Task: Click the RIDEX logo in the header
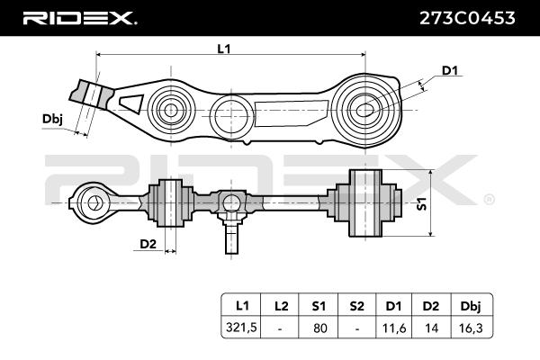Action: (x=80, y=18)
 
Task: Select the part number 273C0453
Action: (x=467, y=18)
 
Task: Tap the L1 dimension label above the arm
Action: (x=224, y=49)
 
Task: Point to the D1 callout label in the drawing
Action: (x=450, y=70)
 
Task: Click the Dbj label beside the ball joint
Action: (x=52, y=119)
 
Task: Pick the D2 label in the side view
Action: (x=148, y=244)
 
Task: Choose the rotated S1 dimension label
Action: (x=422, y=203)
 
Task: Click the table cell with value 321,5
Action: (x=241, y=328)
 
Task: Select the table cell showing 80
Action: (x=320, y=328)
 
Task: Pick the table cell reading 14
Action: (x=431, y=328)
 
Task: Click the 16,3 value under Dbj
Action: (x=472, y=328)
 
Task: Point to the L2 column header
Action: (x=281, y=306)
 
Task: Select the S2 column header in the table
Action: (x=356, y=306)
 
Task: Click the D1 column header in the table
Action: (x=393, y=306)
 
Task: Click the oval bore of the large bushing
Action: (x=364, y=110)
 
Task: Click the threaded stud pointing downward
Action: (x=232, y=238)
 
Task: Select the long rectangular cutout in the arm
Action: (x=292, y=113)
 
